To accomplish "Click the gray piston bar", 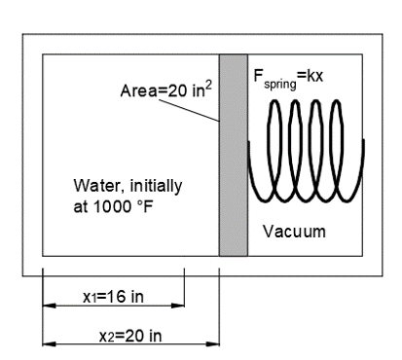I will pos(234,156).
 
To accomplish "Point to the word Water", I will pos(96,184).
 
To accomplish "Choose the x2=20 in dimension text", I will pos(130,336).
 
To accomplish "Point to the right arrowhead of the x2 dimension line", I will pos(215,343).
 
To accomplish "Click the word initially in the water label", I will pos(157,184).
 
